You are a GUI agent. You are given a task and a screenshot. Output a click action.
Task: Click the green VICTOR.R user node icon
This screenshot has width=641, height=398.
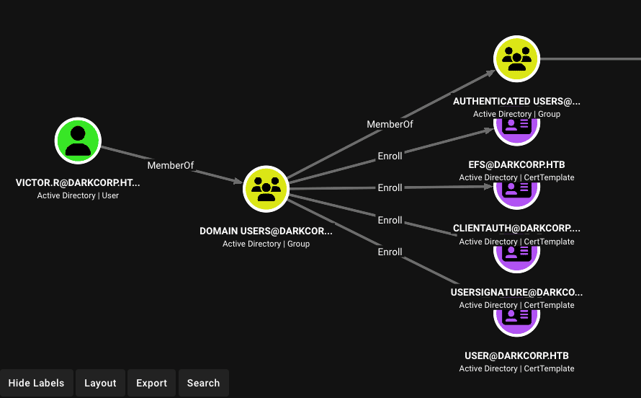pyautogui.click(x=78, y=141)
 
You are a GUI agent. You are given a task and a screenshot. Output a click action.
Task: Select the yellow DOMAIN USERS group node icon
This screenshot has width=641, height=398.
pyautogui.click(x=266, y=189)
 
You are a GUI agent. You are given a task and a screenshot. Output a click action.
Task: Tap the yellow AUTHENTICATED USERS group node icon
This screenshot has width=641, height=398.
pyautogui.click(x=516, y=59)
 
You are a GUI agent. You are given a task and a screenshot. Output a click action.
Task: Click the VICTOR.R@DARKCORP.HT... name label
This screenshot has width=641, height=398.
pyautogui.click(x=78, y=183)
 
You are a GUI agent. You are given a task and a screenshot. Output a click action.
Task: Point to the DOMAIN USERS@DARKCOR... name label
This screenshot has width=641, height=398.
pyautogui.click(x=266, y=231)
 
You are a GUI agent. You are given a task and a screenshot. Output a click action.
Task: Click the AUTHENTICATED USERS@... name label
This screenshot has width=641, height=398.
pyautogui.click(x=516, y=102)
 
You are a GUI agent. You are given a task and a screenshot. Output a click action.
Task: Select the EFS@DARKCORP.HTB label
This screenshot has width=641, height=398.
pyautogui.click(x=516, y=165)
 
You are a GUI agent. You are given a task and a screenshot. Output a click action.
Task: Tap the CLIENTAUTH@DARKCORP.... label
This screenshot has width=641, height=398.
pyautogui.click(x=516, y=229)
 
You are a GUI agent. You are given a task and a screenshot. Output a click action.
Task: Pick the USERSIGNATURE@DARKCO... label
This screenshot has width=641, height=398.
pyautogui.click(x=516, y=293)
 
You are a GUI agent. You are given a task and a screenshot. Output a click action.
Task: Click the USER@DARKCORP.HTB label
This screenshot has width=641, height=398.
pyautogui.click(x=516, y=356)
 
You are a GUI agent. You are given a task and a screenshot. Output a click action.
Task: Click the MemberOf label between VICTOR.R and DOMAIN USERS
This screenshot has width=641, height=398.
pyautogui.click(x=171, y=165)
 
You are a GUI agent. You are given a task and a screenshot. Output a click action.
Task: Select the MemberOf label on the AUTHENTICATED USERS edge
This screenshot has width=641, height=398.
pyautogui.click(x=390, y=124)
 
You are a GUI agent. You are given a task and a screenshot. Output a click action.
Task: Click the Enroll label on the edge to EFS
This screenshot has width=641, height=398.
pyautogui.click(x=390, y=156)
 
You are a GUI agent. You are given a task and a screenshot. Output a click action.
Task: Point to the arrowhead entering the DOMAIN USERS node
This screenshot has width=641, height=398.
pyautogui.click(x=238, y=180)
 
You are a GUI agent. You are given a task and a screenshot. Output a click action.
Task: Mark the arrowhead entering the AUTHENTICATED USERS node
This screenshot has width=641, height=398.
pyautogui.click(x=490, y=74)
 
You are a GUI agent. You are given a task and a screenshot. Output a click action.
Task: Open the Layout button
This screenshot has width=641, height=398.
pyautogui.click(x=100, y=383)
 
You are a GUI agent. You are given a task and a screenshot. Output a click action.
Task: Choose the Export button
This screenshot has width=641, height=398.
pyautogui.click(x=152, y=383)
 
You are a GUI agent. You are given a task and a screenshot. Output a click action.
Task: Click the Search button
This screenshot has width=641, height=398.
pyautogui.click(x=204, y=383)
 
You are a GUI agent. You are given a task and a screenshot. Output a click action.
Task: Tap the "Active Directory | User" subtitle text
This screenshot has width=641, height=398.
pyautogui.click(x=78, y=195)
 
